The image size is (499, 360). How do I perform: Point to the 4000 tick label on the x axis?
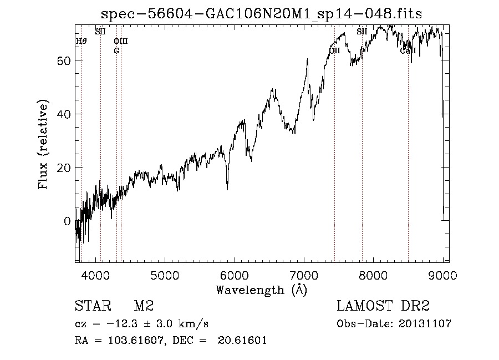tap(95, 274)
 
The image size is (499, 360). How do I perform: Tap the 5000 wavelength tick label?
tap(165, 274)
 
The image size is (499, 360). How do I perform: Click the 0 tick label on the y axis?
tap(67, 221)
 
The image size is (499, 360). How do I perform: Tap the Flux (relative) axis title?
tap(44, 144)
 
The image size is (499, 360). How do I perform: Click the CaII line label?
tap(408, 51)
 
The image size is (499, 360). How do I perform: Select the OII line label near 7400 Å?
tap(334, 50)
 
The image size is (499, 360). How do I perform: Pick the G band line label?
tap(116, 50)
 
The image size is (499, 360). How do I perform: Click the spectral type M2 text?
tap(144, 306)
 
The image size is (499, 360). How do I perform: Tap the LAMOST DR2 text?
tap(383, 306)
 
